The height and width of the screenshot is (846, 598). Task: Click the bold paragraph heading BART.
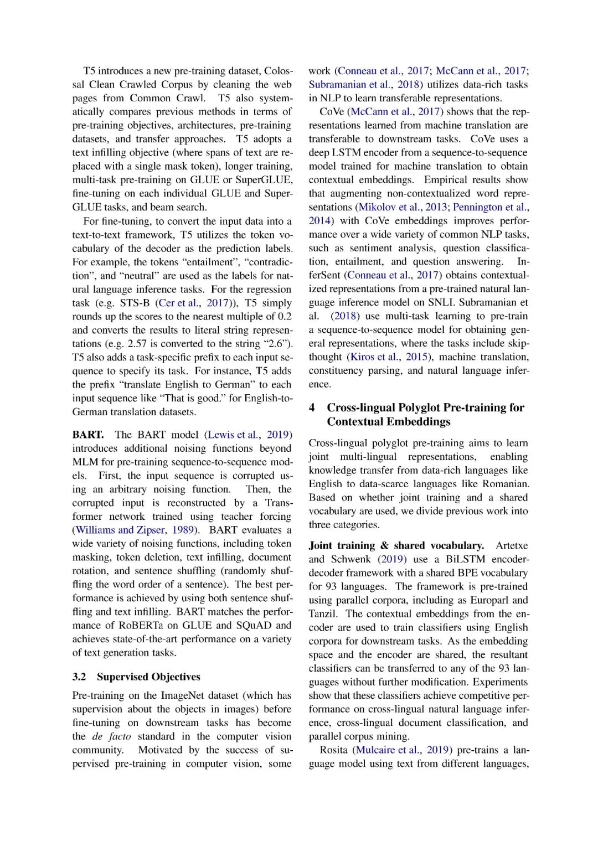tap(87, 435)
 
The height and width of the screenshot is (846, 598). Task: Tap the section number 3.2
tap(79, 677)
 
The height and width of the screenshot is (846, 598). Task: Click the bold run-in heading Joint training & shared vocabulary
tap(396, 545)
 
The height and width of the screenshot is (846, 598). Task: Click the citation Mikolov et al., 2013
tap(403, 207)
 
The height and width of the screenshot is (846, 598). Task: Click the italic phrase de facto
tap(111, 736)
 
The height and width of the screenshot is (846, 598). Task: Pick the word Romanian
tap(505, 484)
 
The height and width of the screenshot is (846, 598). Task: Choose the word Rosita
tap(333, 750)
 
